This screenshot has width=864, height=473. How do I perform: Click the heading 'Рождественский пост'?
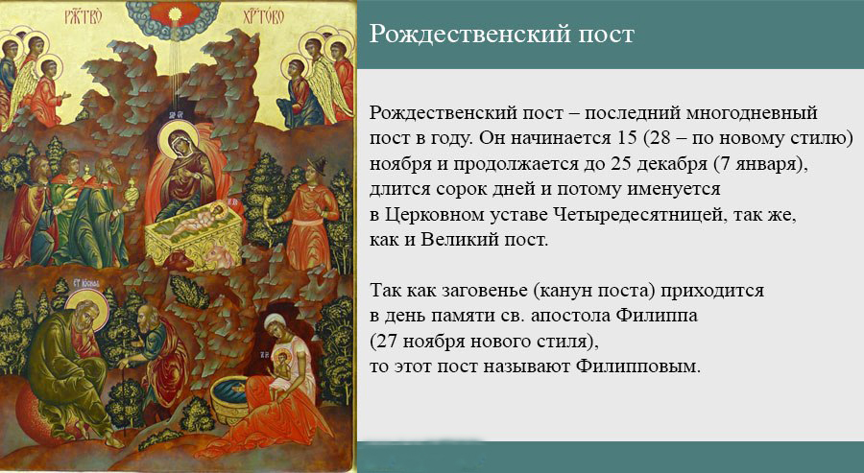(501, 35)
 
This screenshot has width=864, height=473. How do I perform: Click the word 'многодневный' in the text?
(752, 113)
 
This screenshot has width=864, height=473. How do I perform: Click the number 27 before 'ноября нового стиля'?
(386, 342)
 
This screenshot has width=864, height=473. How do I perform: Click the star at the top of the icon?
(177, 12)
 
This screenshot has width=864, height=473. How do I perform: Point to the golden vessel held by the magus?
(132, 193)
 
